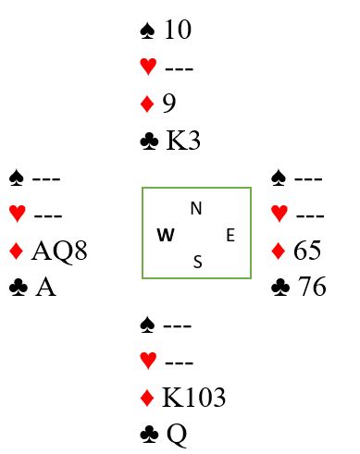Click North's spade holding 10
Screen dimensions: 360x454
178,30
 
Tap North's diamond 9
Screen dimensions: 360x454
169,104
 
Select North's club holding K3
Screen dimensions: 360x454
183,141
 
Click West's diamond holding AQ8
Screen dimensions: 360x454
59,251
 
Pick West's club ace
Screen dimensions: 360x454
45,287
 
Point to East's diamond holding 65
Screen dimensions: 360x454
307,251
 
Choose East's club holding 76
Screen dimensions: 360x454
312,287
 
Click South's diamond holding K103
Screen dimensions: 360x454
193,397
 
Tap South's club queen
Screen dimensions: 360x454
177,435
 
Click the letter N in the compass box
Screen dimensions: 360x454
196,209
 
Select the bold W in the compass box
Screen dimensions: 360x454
166,235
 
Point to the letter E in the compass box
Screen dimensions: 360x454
230,235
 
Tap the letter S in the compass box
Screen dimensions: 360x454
198,262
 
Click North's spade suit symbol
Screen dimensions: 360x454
147,31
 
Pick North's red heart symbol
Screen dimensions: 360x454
148,67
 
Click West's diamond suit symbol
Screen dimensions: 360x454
17,251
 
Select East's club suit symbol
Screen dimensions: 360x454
280,288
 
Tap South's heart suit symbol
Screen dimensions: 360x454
148,361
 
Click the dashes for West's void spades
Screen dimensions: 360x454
46,178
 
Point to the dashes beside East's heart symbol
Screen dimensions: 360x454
310,215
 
